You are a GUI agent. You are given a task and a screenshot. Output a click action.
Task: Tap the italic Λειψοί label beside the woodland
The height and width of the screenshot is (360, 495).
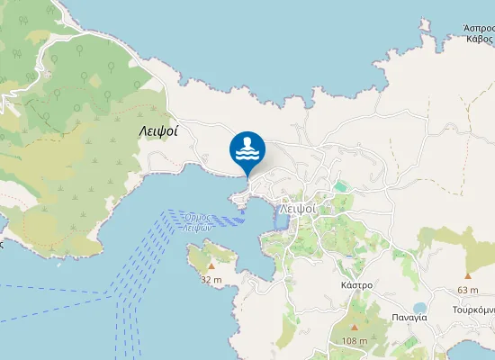click(x=158, y=130)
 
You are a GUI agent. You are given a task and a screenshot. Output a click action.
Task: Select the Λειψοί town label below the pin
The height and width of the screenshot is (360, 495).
click(x=297, y=207)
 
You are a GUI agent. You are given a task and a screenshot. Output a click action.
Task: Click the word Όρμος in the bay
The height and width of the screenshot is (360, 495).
click(x=196, y=218)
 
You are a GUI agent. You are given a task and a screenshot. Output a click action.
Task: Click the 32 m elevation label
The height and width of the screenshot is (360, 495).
click(x=211, y=279)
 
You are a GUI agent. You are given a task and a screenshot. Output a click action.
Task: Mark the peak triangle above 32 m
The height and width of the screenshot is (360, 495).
click(x=211, y=266)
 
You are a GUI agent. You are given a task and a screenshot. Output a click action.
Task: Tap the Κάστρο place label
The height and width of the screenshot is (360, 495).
click(x=357, y=284)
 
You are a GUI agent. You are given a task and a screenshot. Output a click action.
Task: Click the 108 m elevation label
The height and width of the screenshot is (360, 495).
click(x=355, y=340)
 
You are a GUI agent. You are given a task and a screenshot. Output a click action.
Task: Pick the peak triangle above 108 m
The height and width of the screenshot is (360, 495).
click(x=355, y=328)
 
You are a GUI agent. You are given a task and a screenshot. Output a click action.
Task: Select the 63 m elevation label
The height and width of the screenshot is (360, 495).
click(x=468, y=289)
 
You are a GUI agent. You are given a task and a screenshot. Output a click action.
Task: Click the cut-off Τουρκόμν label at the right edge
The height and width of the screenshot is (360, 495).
click(x=473, y=309)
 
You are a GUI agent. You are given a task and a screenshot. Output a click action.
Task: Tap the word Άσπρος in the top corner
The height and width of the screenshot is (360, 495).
click(x=480, y=28)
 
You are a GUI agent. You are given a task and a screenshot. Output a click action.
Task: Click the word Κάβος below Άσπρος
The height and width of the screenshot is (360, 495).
click(x=479, y=40)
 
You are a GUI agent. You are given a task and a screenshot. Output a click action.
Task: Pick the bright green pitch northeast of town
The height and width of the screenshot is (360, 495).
click(x=340, y=186)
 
